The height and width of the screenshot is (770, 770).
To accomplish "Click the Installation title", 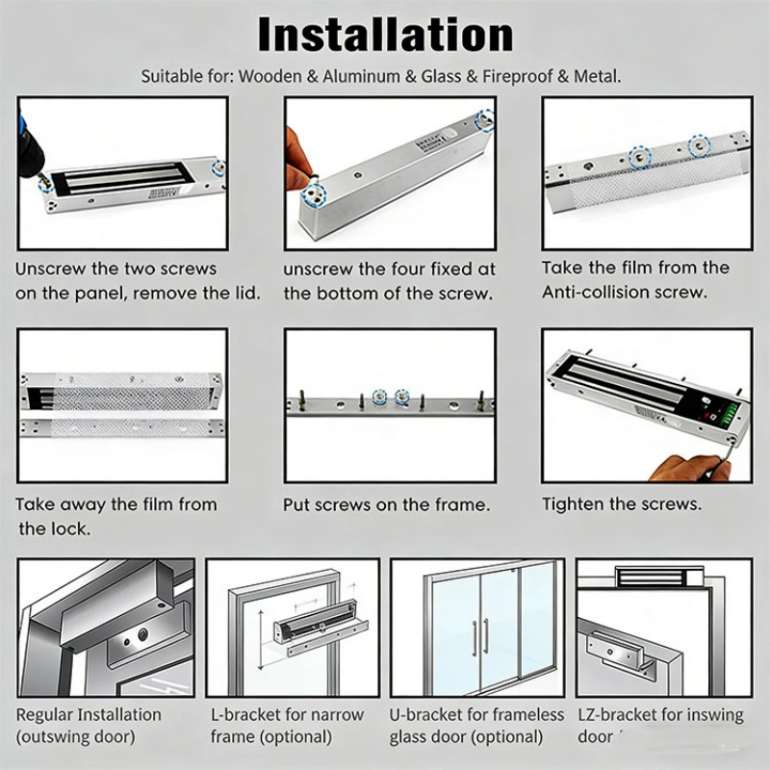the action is (386, 35).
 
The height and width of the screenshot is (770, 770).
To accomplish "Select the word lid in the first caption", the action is (248, 294).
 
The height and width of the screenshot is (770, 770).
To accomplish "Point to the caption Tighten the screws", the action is (622, 503).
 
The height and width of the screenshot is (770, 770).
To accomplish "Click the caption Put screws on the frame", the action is (387, 504).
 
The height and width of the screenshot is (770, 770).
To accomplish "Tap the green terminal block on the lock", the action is (732, 413).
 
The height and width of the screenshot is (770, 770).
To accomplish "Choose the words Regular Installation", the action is (89, 714).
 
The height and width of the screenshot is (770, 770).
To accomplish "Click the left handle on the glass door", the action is (475, 637).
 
